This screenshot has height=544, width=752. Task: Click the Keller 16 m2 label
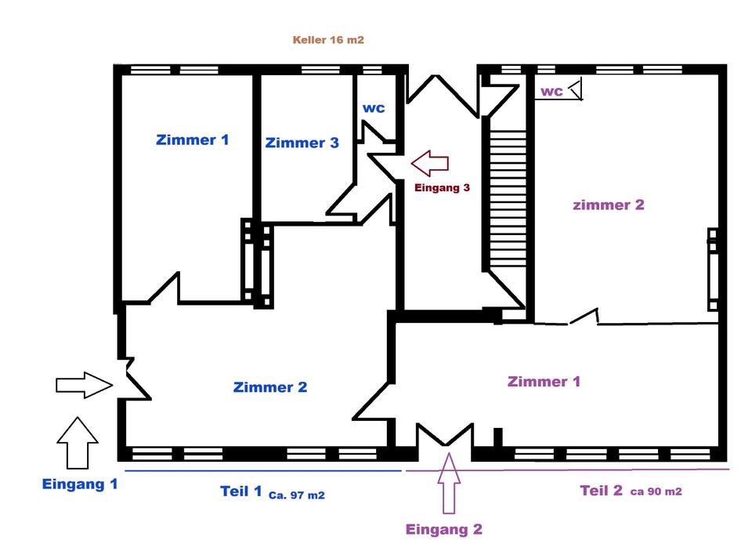coord(328,40)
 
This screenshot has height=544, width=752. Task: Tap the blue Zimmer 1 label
coord(193,140)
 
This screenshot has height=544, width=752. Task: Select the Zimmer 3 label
coord(302,143)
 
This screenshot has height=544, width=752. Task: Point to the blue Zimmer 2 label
coord(270,387)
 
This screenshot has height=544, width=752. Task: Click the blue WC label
coord(374,108)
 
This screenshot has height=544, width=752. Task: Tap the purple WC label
coord(551,91)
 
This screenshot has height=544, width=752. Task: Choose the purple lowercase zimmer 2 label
coord(608,205)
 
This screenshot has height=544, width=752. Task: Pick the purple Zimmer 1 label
coord(544,382)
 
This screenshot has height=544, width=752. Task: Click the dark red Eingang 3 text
coord(442,187)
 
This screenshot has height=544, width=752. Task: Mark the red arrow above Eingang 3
coord(430,163)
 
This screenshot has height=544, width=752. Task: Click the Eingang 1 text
coord(80,484)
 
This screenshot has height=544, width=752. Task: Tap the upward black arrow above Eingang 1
coord(78,443)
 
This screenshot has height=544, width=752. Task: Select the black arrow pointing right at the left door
coord(85,385)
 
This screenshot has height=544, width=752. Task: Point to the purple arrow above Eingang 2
coord(449,484)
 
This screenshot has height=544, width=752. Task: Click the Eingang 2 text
coord(443,529)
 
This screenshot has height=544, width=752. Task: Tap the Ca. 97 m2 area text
coord(296,495)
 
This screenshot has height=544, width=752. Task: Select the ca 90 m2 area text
coord(656,491)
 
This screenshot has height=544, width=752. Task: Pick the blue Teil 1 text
coord(240,491)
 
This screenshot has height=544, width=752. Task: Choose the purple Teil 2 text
coord(601,490)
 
